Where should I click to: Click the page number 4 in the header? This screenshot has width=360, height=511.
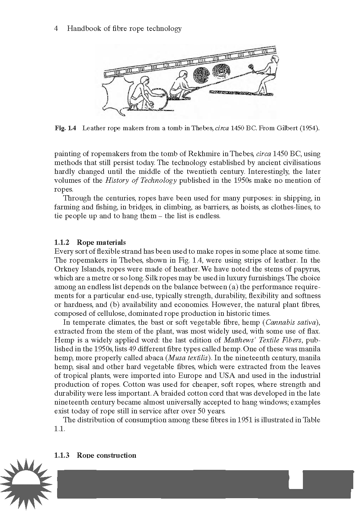point(56,29)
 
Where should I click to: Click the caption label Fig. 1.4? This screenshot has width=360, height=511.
point(66,128)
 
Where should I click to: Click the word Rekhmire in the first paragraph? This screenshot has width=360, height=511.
point(203,154)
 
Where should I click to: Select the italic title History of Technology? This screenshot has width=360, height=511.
point(141,181)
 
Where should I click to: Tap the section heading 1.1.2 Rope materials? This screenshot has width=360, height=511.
point(90,243)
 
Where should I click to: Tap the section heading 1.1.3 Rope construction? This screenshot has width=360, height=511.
point(95,456)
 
